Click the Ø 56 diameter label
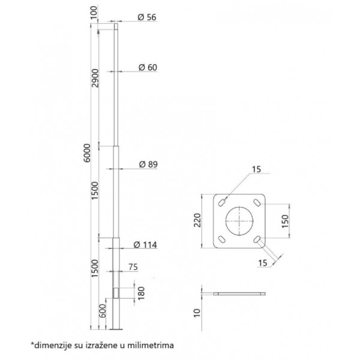tap(147, 17)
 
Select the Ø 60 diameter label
tap(148, 67)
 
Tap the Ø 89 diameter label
tap(148, 164)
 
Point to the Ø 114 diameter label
tap(145, 245)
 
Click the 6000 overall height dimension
tap(87, 153)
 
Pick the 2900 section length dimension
tap(95, 78)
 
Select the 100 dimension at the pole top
tap(94, 13)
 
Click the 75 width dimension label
tap(133, 267)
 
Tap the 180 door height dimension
tap(142, 293)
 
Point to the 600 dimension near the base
tap(103, 311)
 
